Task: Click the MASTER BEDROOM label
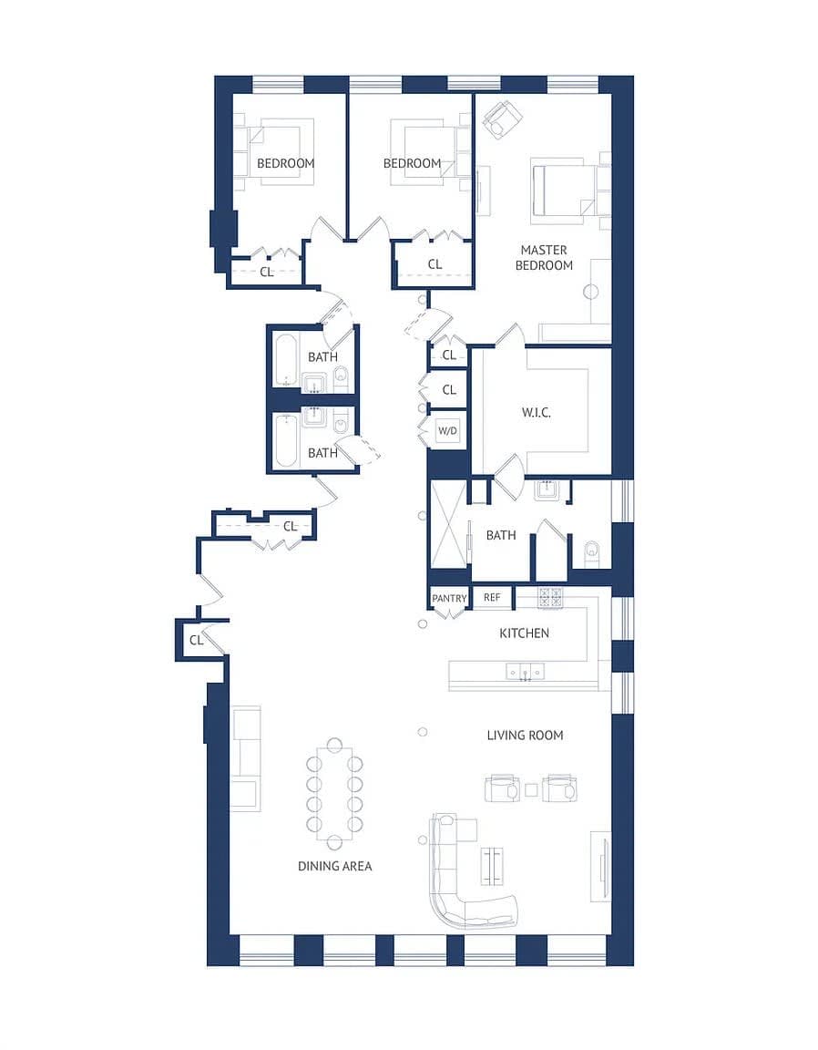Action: pos(544,258)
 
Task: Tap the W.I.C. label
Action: pos(537,413)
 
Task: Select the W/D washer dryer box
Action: pos(447,430)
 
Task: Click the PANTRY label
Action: pos(449,599)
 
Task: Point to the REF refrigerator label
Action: pos(492,598)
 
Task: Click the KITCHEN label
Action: pos(524,633)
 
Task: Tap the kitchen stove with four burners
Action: pos(550,598)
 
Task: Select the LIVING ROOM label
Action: pos(525,735)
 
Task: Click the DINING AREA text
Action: pos(334,866)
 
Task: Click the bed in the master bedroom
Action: pos(565,190)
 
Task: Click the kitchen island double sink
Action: pos(525,672)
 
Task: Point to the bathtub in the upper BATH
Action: pos(284,360)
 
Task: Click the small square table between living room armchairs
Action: pos(531,789)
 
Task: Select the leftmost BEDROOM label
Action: pos(285,163)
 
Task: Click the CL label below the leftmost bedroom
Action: pos(266,272)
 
